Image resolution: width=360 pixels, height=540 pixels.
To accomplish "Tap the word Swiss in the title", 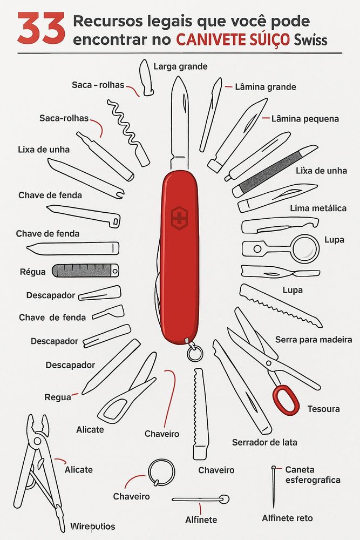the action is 310,40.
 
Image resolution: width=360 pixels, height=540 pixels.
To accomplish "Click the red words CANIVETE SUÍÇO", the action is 233,40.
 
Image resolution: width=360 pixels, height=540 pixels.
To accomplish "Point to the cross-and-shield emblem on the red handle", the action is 179,218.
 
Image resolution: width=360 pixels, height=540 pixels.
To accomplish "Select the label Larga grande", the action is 180,66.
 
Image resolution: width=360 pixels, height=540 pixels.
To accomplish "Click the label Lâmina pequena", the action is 305,119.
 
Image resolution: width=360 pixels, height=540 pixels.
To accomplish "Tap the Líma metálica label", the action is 318,208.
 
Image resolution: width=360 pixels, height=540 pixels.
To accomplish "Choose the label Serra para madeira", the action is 314,340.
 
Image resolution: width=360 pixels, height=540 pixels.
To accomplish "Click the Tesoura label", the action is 323,409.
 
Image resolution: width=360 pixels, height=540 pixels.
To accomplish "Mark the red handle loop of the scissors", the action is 286,400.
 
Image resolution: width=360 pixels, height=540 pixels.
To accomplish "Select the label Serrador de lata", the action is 264,442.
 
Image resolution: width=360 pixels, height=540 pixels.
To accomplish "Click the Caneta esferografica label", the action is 313,475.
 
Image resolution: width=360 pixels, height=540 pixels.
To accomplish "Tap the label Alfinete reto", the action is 287,518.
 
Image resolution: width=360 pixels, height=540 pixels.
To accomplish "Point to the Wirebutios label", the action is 93,526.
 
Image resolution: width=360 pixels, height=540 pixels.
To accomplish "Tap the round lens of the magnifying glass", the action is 305,248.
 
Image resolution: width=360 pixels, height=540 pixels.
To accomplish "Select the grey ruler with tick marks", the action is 85,271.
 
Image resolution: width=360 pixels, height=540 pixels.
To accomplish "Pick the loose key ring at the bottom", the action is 161,472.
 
